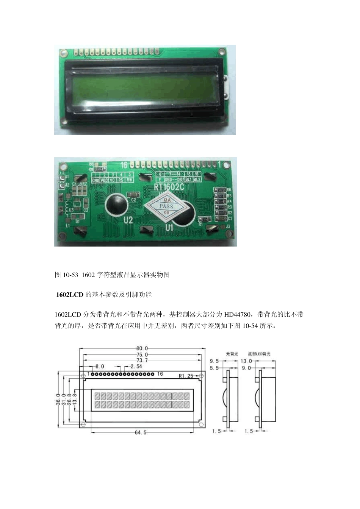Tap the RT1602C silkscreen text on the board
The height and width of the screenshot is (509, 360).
point(169,187)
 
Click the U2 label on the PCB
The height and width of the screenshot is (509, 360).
point(128,220)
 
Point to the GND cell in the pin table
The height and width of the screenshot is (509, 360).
point(96,180)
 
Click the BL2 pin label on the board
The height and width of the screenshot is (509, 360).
point(197,179)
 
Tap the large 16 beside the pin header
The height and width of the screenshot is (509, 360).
point(124,165)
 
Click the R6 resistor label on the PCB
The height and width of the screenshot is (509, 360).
point(229,190)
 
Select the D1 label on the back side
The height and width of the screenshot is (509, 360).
point(77,221)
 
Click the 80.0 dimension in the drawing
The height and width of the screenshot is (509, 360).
point(142,348)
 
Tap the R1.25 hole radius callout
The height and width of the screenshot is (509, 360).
point(186,376)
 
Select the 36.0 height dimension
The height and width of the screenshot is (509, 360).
point(58,400)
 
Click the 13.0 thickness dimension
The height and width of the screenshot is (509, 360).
point(246,361)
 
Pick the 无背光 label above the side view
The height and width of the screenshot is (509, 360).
point(232,354)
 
